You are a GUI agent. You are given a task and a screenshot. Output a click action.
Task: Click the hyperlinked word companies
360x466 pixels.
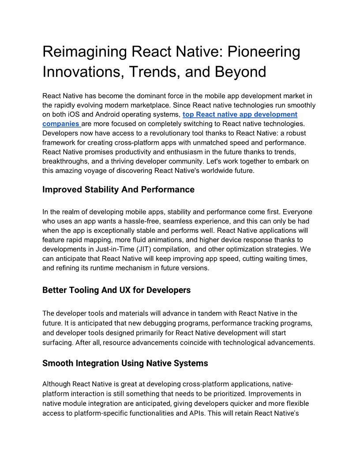coord(60,124)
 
